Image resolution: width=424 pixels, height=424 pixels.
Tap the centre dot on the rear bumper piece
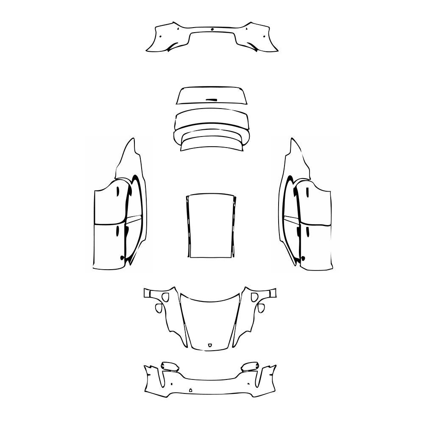click(x=212, y=30)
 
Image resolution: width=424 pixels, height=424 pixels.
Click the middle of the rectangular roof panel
click(x=211, y=226)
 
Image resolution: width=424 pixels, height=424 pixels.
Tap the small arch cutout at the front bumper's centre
click(x=190, y=390)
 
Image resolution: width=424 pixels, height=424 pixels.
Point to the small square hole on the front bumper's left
click(x=170, y=383)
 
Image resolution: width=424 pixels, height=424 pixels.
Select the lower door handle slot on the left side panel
click(x=117, y=230)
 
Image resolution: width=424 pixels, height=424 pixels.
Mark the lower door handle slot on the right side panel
click(x=306, y=231)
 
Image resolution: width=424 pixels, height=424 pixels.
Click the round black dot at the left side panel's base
click(x=122, y=257)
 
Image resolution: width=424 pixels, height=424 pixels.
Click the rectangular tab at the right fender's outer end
click(x=273, y=293)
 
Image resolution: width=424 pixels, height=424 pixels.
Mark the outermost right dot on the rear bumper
click(x=264, y=36)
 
